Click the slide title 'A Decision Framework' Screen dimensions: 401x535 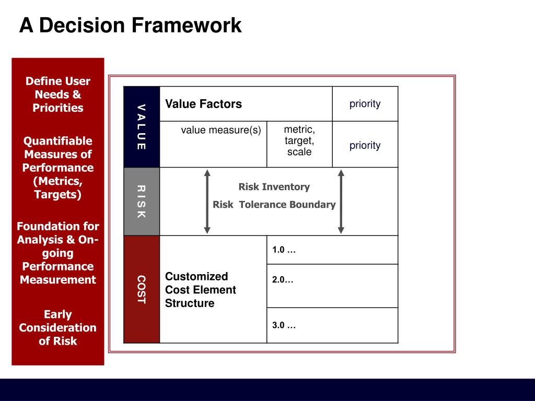point(131,25)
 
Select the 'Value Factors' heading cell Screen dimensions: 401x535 point(204,104)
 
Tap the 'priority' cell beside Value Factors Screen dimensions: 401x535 point(365,103)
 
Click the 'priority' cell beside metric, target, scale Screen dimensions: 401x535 point(365,145)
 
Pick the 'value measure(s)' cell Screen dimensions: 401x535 point(221,130)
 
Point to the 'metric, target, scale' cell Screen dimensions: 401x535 point(299,140)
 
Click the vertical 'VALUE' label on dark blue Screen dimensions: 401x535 point(141,127)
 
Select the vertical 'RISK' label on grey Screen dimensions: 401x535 point(141,202)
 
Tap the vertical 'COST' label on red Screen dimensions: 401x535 point(141,289)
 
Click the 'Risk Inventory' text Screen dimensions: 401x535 point(274,187)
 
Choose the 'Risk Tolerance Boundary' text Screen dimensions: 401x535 point(274,205)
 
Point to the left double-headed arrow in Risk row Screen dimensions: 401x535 point(207,202)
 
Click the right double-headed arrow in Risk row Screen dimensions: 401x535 point(341,202)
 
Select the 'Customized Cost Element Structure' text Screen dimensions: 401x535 point(201,290)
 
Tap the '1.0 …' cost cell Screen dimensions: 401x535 point(284,250)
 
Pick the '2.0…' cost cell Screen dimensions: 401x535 point(283,280)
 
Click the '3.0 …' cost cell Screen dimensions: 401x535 point(284,325)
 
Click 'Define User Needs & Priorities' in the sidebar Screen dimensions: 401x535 point(58,95)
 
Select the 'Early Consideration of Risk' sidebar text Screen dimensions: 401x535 point(58,328)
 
